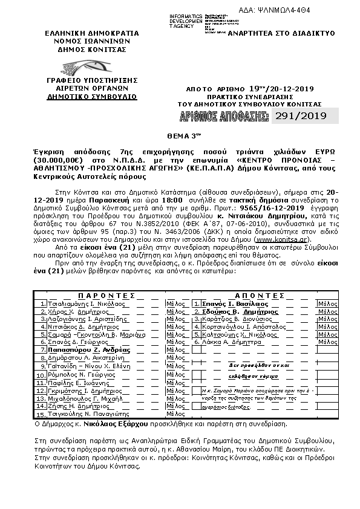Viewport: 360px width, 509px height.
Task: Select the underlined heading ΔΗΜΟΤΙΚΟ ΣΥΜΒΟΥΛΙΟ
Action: click(x=84, y=96)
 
